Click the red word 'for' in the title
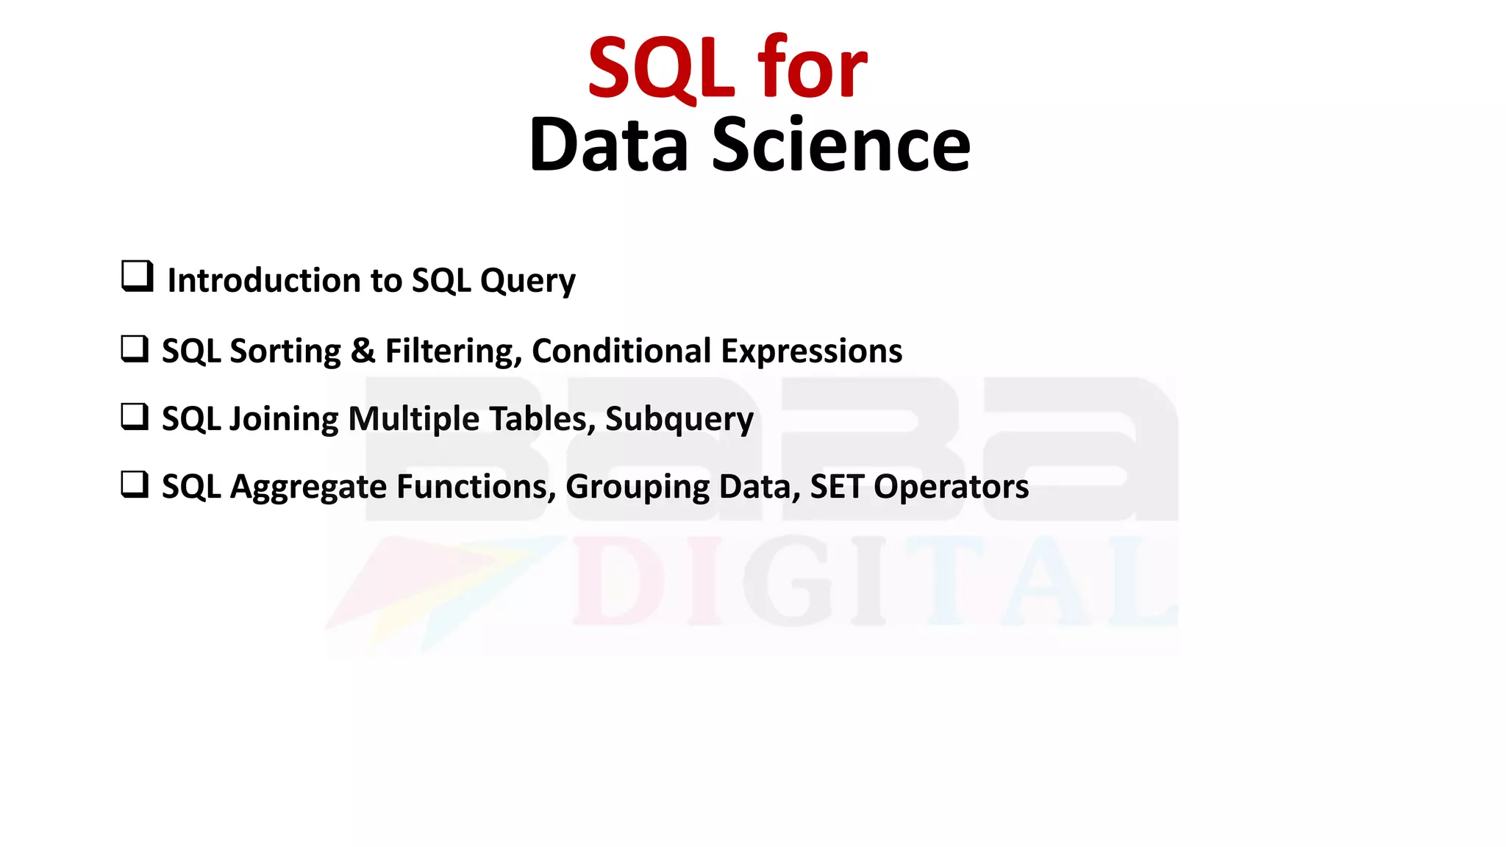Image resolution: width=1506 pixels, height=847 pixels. click(812, 68)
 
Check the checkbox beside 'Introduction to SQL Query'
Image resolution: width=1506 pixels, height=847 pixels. click(137, 276)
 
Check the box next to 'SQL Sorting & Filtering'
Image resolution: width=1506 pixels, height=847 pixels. click(135, 349)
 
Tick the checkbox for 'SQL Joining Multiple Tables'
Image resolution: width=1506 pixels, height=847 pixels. click(135, 416)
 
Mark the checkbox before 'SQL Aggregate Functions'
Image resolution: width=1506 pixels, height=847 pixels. click(135, 485)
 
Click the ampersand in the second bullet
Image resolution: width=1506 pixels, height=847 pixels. click(363, 351)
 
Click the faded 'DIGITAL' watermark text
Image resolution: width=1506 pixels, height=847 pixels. click(875, 581)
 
